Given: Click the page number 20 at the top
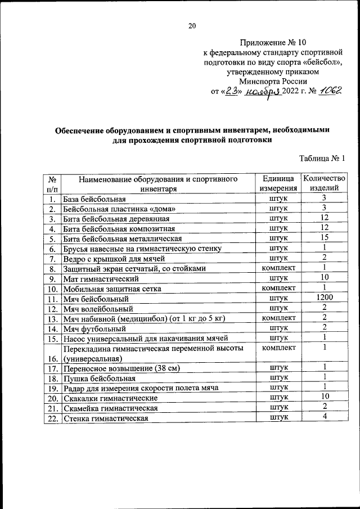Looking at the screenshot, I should click(x=192, y=25).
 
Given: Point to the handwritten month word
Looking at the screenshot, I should click(x=262, y=92).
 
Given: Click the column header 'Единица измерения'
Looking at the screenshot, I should click(x=279, y=183).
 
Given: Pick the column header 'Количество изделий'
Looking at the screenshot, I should click(x=325, y=183).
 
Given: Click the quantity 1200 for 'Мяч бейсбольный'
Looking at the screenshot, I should click(x=325, y=298).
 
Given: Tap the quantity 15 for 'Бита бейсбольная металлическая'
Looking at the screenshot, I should click(x=325, y=237).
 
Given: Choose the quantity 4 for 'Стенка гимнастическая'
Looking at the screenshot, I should click(x=325, y=417).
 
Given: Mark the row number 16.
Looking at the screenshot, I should click(x=52, y=358).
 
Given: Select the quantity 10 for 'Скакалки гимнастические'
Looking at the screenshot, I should click(x=325, y=397).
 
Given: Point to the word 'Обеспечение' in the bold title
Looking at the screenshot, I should click(x=83, y=130).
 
